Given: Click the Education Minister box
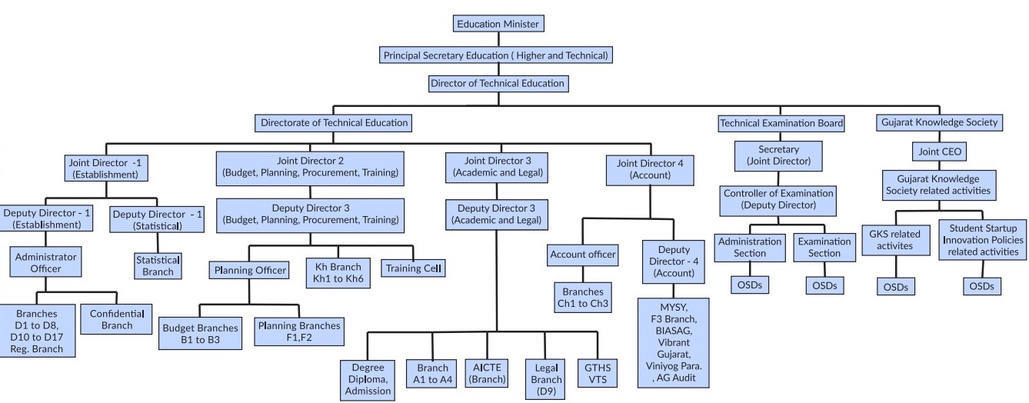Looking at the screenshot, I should [x=498, y=24].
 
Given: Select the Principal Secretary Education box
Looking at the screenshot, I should [x=497, y=55].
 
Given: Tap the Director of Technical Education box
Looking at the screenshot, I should [x=498, y=83].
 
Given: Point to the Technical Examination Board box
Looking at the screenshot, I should [x=781, y=122].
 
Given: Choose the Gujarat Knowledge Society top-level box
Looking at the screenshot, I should [x=939, y=122].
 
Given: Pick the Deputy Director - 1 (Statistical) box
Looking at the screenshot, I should [x=156, y=220].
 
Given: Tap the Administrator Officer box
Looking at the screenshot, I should [x=46, y=261].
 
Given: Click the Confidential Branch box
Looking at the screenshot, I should [x=117, y=319].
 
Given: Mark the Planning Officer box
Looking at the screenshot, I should [x=250, y=270].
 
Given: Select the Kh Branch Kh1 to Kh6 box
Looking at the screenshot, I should [x=339, y=273].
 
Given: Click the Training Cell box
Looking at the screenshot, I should [x=414, y=268].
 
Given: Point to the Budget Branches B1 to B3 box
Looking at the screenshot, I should [x=201, y=332].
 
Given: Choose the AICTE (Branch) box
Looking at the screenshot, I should [x=487, y=372].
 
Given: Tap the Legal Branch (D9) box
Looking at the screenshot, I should [x=547, y=379].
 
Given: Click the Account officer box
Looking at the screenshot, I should [x=582, y=255].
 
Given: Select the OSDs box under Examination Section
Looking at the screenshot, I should [x=824, y=285].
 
